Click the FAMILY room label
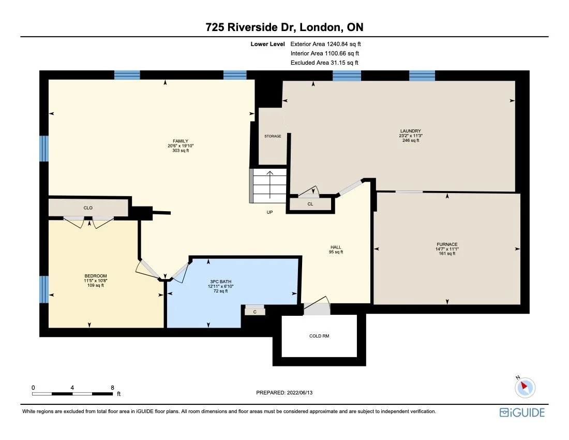[x=180, y=141]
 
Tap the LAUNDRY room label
[x=410, y=131]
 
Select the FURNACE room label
[x=446, y=244]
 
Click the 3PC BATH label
[x=218, y=281]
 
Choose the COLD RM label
[x=319, y=336]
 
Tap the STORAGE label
[x=273, y=136]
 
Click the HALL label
[x=336, y=247]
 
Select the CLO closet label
[x=88, y=208]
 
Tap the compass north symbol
[x=526, y=386]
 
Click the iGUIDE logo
[x=522, y=413]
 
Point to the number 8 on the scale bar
[x=112, y=387]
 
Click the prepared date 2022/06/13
[x=284, y=393]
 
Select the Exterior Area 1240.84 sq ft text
[x=325, y=45]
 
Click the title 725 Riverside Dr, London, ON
[x=284, y=27]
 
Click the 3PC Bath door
[x=179, y=271]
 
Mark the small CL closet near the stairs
[x=310, y=204]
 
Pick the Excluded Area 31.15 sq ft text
[x=324, y=63]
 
